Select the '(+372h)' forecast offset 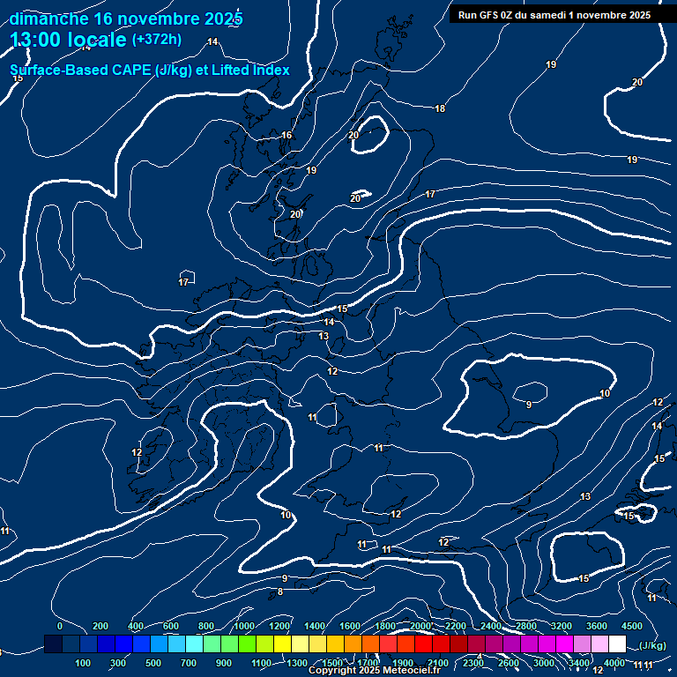156,39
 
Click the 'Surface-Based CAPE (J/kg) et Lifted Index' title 149,70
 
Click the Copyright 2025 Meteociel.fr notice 374,670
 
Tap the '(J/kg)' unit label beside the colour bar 652,645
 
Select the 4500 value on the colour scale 631,626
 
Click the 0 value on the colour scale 60,626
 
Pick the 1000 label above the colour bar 243,626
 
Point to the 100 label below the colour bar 83,663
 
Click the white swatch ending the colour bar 617,644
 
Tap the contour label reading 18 440,108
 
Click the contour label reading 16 286,135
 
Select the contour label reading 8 280,591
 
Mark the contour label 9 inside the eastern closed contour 529,405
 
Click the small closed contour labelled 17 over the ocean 184,281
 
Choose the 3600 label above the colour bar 597,626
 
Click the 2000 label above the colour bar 420,626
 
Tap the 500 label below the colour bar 153,663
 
